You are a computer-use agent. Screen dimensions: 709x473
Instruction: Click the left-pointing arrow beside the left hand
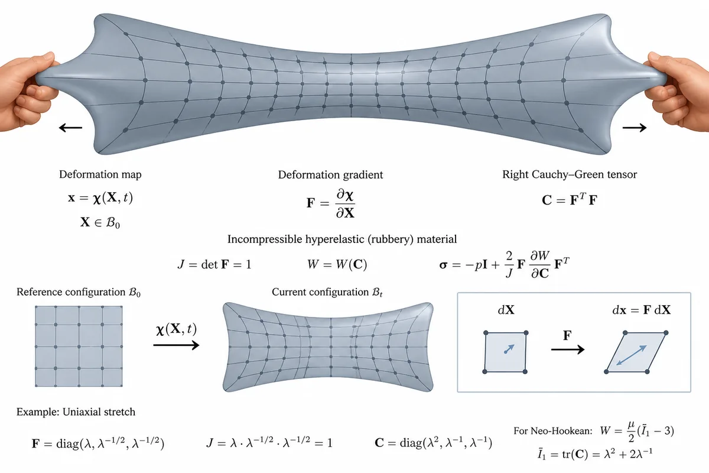pyautogui.click(x=70, y=128)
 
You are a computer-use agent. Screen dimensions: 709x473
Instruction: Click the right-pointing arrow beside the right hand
pyautogui.click(x=635, y=128)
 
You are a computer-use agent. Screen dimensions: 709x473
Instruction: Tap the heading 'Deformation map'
pyautogui.click(x=100, y=174)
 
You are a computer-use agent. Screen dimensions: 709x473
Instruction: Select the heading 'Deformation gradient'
pyautogui.click(x=330, y=175)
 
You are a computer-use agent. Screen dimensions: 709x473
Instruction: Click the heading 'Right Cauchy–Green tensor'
pyautogui.click(x=570, y=174)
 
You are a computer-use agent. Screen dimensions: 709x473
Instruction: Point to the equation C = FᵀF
pyautogui.click(x=570, y=200)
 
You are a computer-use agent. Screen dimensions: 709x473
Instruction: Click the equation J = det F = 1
pyautogui.click(x=214, y=264)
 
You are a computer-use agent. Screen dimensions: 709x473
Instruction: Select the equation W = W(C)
pyautogui.click(x=337, y=264)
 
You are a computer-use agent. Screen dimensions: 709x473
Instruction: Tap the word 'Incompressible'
pyautogui.click(x=265, y=239)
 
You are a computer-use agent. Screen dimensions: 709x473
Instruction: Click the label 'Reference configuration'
pyautogui.click(x=71, y=292)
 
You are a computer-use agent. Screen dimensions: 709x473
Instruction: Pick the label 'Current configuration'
pyautogui.click(x=320, y=292)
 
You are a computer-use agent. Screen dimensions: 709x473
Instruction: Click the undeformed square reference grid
pyautogui.click(x=79, y=346)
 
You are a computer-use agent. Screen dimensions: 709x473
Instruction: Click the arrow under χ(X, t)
pyautogui.click(x=176, y=345)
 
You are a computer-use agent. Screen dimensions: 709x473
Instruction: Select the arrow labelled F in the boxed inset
pyautogui.click(x=568, y=349)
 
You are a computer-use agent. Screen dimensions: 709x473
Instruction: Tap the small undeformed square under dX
pyautogui.click(x=505, y=352)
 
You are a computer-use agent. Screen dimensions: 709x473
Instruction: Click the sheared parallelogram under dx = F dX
pyautogui.click(x=636, y=352)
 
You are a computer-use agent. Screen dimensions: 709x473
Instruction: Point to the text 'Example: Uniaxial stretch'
pyautogui.click(x=76, y=412)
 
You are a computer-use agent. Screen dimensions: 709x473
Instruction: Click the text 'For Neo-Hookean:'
pyautogui.click(x=552, y=431)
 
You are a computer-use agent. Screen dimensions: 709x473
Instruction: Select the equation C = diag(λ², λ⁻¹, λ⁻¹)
pyautogui.click(x=433, y=442)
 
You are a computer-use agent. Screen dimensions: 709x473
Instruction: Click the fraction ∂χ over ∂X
pyautogui.click(x=345, y=203)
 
